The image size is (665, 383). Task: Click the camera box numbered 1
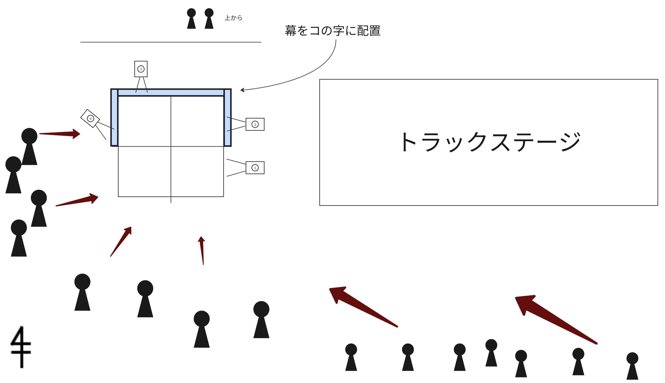pyautogui.click(x=255, y=167)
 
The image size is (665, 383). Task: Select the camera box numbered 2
pyautogui.click(x=255, y=124)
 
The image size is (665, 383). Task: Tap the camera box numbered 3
pyautogui.click(x=141, y=69)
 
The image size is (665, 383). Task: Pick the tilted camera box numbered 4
pyautogui.click(x=90, y=118)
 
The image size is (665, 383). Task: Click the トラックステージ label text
pyautogui.click(x=490, y=142)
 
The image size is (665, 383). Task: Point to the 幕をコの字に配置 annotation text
pyautogui.click(x=332, y=31)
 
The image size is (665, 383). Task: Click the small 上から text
pyautogui.click(x=233, y=18)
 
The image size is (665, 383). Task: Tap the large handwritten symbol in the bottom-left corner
pyautogui.click(x=21, y=347)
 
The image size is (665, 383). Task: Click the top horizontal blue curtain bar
pyautogui.click(x=171, y=93)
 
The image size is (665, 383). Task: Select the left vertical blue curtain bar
pyautogui.click(x=114, y=118)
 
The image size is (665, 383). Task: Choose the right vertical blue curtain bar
pyautogui.click(x=227, y=118)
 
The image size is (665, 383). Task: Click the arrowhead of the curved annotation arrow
pyautogui.click(x=242, y=90)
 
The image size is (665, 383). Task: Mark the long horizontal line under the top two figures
pyautogui.click(x=171, y=42)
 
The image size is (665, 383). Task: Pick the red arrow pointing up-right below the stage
pyautogui.click(x=121, y=241)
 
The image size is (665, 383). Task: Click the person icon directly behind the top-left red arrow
pyautogui.click(x=29, y=146)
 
